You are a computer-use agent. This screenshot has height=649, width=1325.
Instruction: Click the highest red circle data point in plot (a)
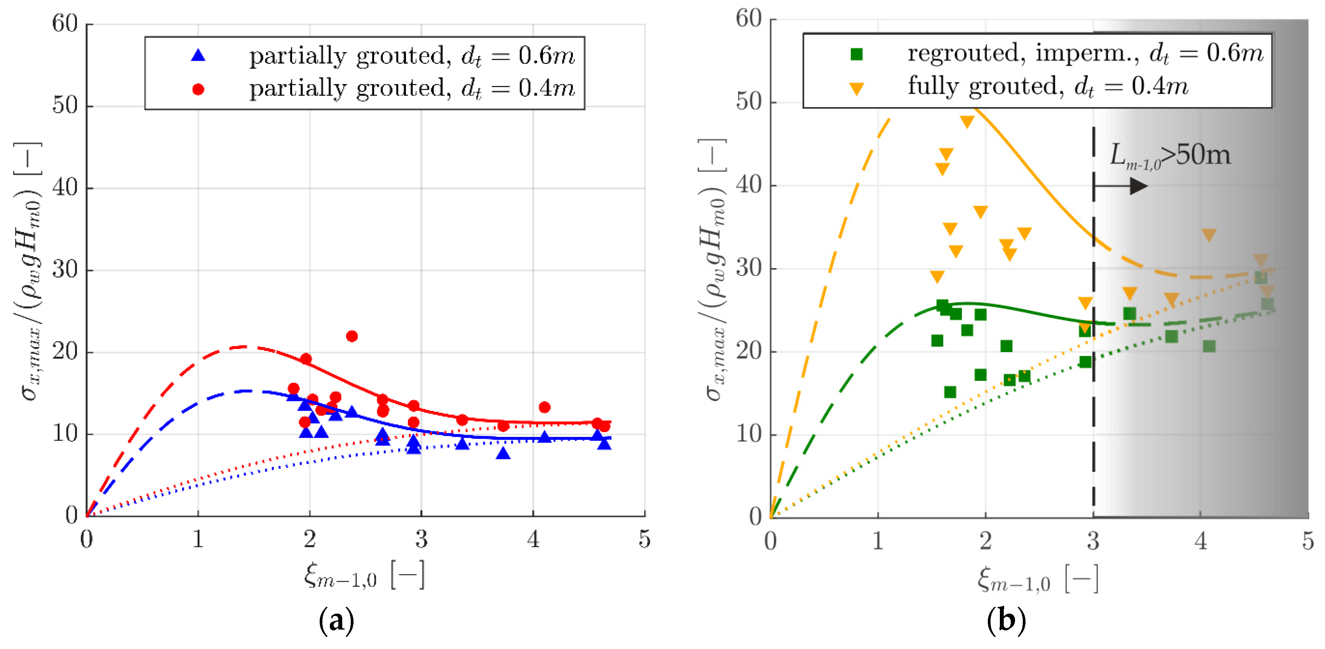click(352, 336)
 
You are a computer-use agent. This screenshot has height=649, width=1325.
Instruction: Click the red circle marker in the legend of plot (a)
click(198, 89)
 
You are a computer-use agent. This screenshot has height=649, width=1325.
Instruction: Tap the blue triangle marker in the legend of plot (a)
click(198, 56)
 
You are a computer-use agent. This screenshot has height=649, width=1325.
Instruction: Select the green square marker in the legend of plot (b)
click(857, 54)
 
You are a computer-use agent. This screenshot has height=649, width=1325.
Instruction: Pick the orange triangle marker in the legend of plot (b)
click(857, 89)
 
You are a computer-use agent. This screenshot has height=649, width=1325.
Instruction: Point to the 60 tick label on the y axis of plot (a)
click(65, 24)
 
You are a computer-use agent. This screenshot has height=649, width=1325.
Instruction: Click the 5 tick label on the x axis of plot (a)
click(644, 539)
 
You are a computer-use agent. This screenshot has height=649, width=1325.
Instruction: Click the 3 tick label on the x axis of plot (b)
click(1093, 541)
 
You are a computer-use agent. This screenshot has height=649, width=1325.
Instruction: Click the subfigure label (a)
click(336, 620)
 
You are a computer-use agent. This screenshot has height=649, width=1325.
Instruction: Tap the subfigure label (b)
click(1006, 620)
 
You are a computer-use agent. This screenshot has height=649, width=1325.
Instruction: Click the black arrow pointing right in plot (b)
click(1121, 186)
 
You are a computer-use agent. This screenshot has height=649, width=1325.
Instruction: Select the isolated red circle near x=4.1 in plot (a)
click(545, 407)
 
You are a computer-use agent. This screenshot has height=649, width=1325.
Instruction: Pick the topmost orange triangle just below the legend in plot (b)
click(967, 122)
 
